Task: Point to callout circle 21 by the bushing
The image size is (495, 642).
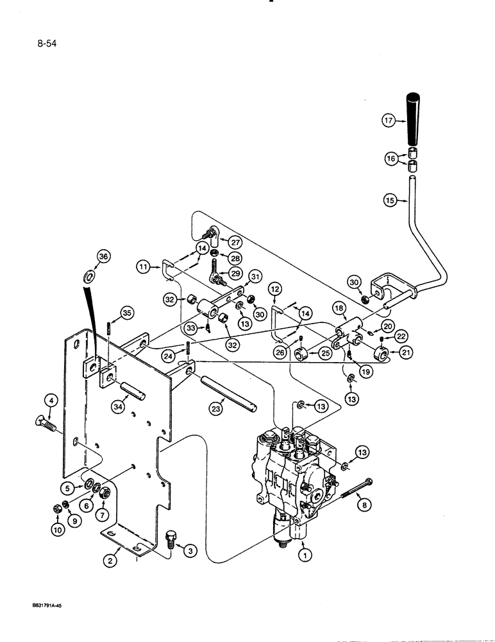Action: tap(389, 352)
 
